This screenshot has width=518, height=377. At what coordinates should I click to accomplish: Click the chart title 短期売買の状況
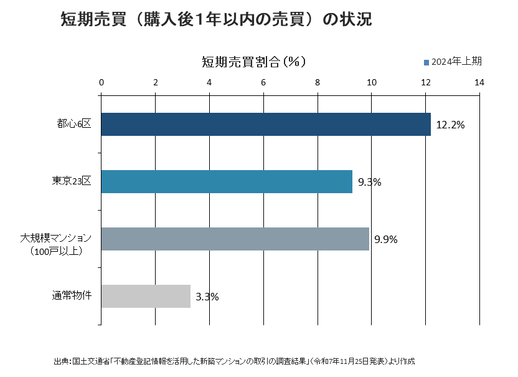coord(215,19)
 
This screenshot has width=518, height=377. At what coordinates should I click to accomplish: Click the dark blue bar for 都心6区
coord(265,124)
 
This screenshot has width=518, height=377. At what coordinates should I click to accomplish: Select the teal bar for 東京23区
coord(226,181)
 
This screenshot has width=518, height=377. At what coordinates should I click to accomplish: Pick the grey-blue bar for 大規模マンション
coord(235,239)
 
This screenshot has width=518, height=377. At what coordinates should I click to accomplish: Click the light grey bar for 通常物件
coord(145,296)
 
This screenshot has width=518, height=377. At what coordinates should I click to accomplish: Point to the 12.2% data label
coord(450,125)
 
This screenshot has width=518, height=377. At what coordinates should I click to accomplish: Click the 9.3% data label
coord(369,182)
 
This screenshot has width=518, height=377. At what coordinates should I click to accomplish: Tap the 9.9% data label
coord(385,239)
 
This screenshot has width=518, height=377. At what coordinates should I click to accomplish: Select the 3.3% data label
coord(207,297)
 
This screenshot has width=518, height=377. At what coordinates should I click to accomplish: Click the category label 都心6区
coord(74,124)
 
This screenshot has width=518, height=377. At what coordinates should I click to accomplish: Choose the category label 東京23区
coord(72,181)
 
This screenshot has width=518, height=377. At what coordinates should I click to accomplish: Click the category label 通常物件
coord(72,296)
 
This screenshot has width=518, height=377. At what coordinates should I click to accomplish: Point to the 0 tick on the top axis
coord(101,82)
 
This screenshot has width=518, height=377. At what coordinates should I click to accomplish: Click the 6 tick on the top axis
coord(263,82)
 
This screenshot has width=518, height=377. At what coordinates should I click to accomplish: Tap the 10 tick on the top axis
coord(372,82)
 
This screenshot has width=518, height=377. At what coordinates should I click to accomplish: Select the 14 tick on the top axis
coord(479,82)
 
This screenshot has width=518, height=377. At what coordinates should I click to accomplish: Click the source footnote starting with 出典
coord(234,361)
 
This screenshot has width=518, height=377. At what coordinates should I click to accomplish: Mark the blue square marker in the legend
coord(426,62)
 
